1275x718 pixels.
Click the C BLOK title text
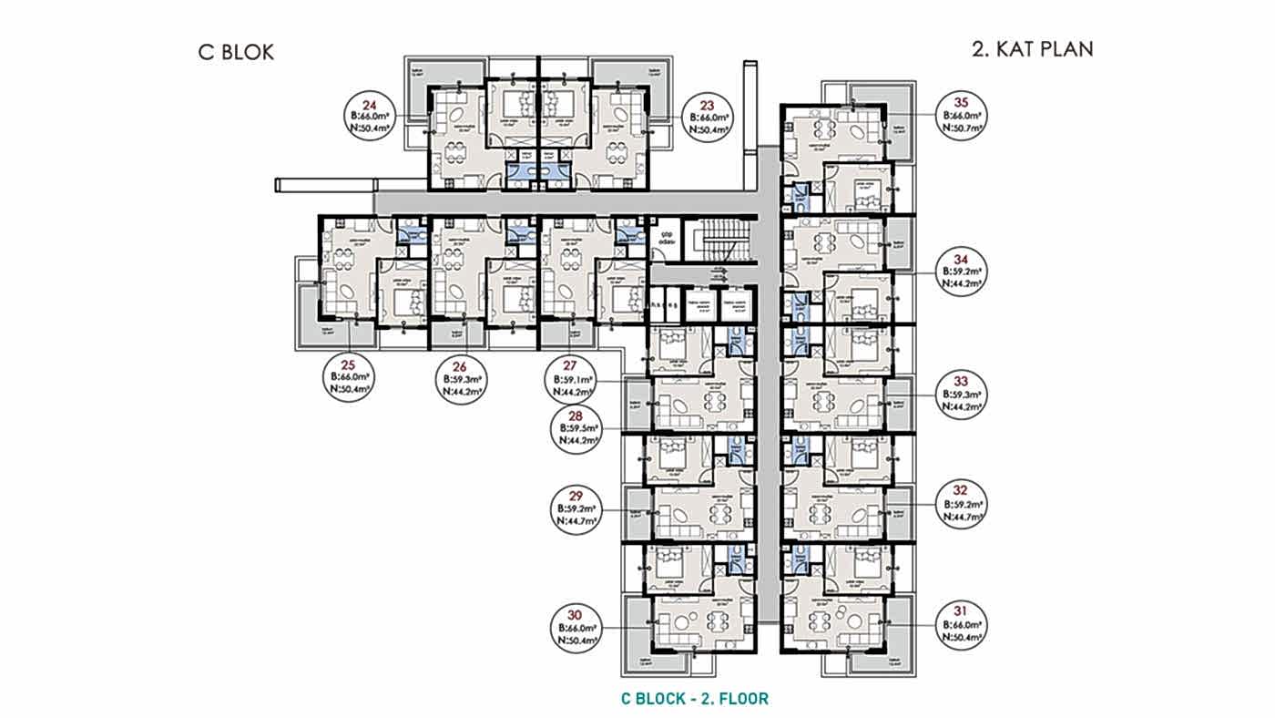coord(236,52)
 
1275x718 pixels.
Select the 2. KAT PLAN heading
coord(1032,49)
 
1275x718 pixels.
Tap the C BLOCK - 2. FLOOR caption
coord(695,699)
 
